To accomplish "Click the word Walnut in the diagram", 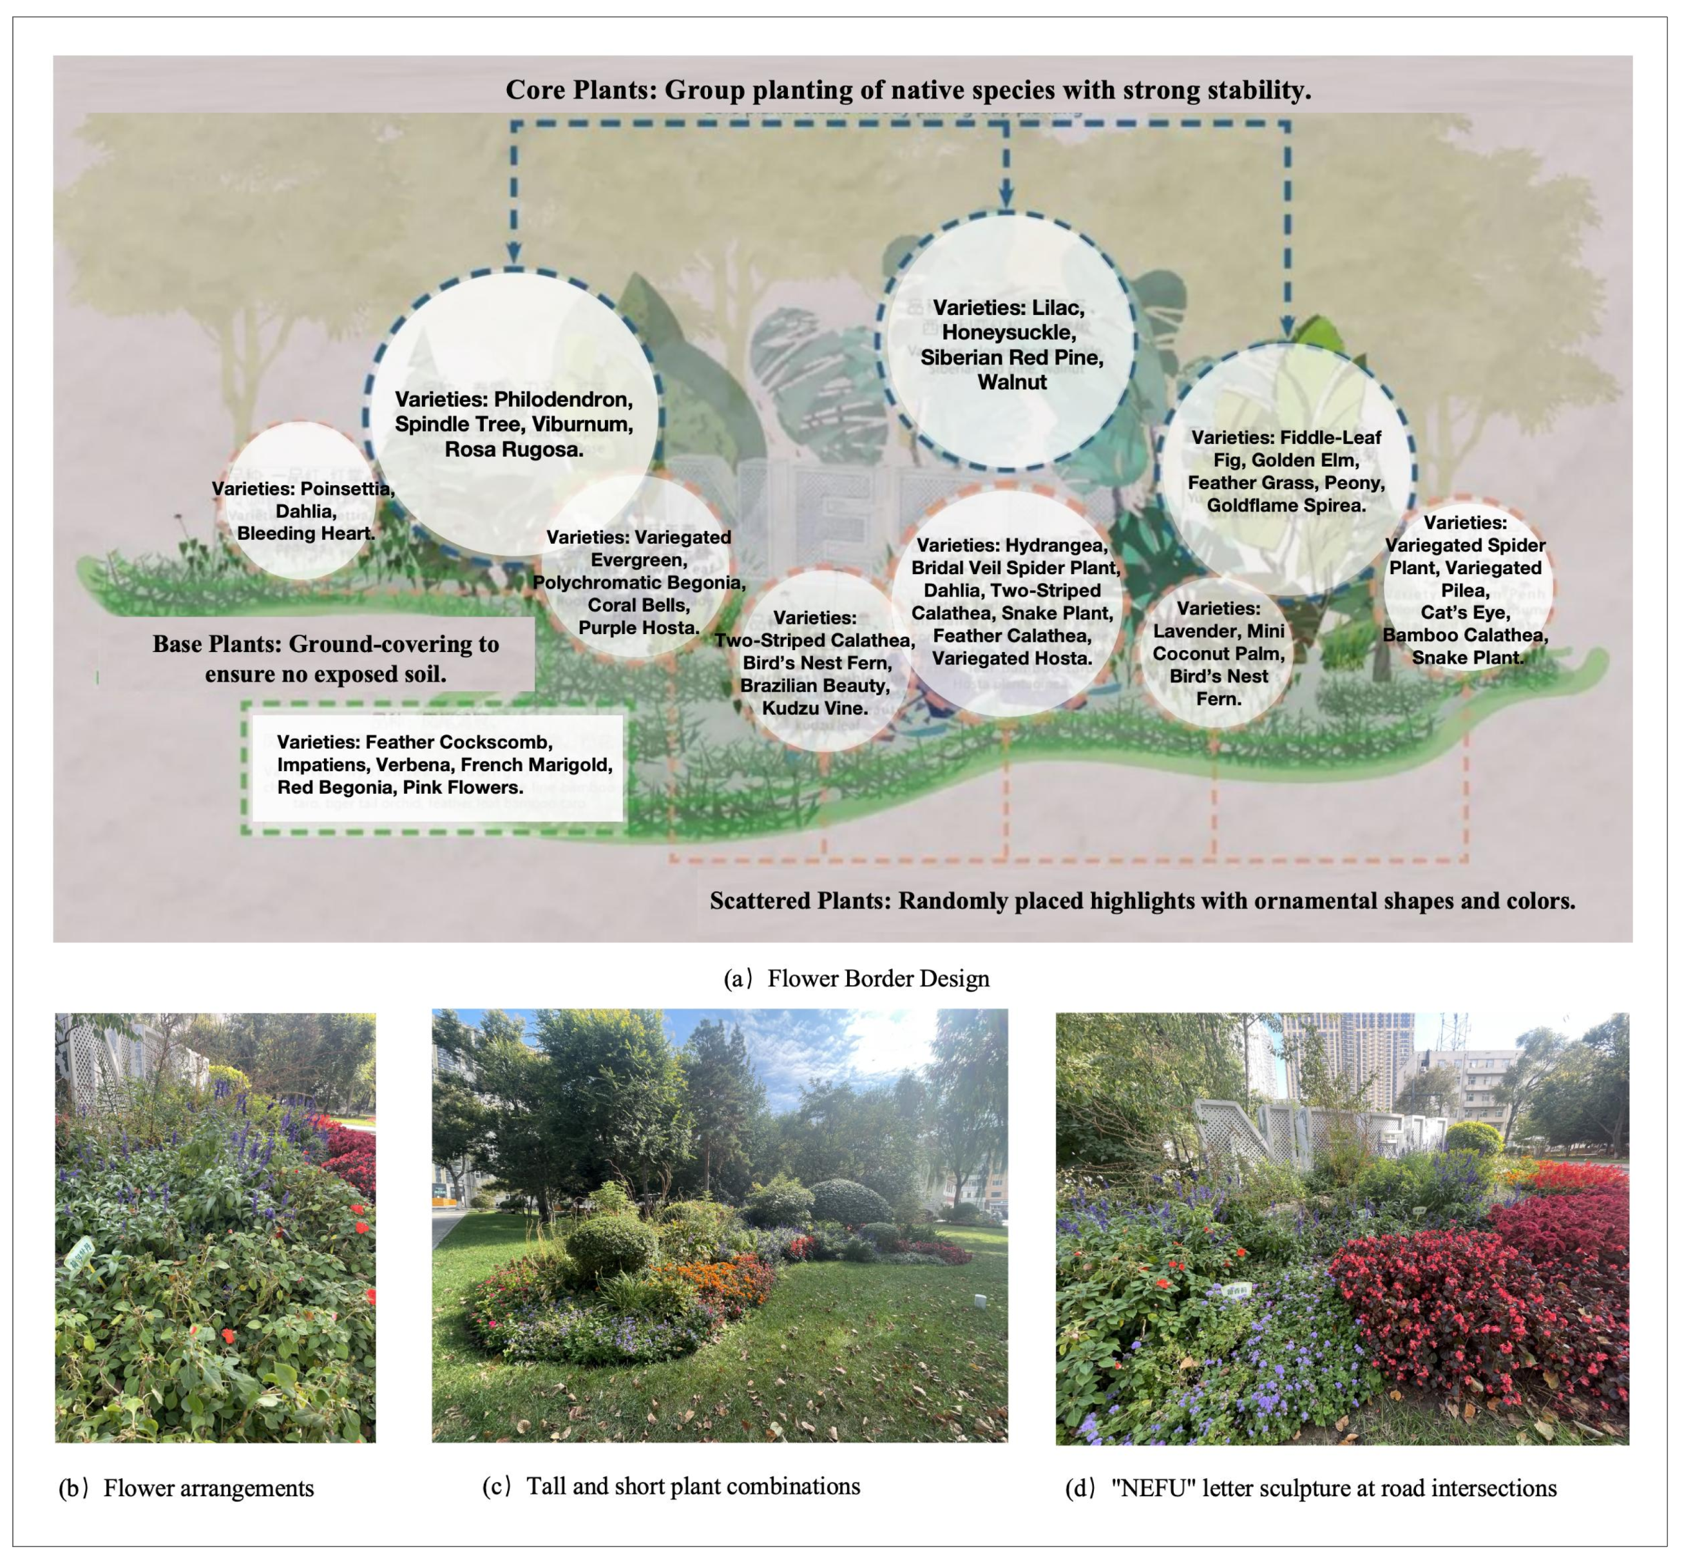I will pyautogui.click(x=1011, y=382).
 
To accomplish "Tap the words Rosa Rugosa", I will pyautogui.click(x=513, y=449).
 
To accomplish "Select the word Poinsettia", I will pyautogui.click(x=347, y=489).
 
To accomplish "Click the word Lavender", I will pyautogui.click(x=1189, y=631).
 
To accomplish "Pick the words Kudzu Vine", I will pyautogui.click(x=814, y=708).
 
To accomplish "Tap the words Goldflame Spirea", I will pyautogui.click(x=1286, y=505).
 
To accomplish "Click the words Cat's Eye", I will pyautogui.click(x=1465, y=613).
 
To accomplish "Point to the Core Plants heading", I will pyautogui.click(x=908, y=90).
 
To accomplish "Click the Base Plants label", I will pyautogui.click(x=325, y=659).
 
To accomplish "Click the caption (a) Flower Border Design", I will pyautogui.click(x=856, y=978).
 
